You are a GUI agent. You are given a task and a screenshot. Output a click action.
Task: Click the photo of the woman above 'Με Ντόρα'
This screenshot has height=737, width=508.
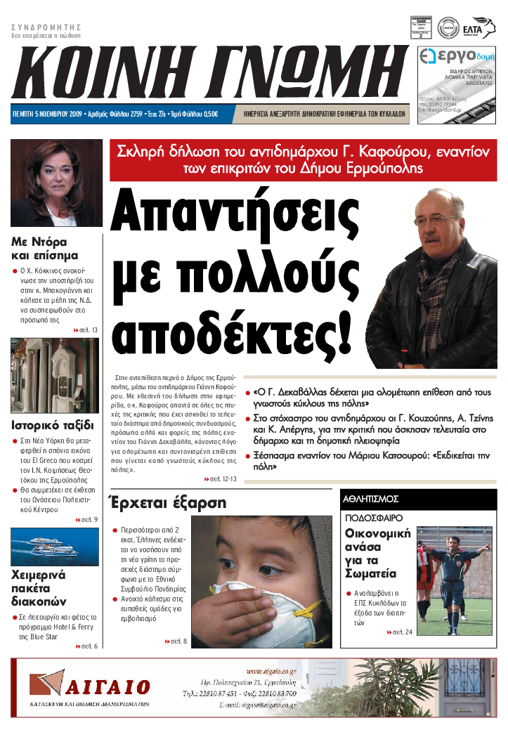point(56,183)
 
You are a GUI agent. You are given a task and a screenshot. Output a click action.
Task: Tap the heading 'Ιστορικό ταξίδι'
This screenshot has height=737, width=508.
point(53,425)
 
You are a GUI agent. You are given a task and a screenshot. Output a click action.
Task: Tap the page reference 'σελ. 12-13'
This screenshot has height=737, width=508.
point(220,478)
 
